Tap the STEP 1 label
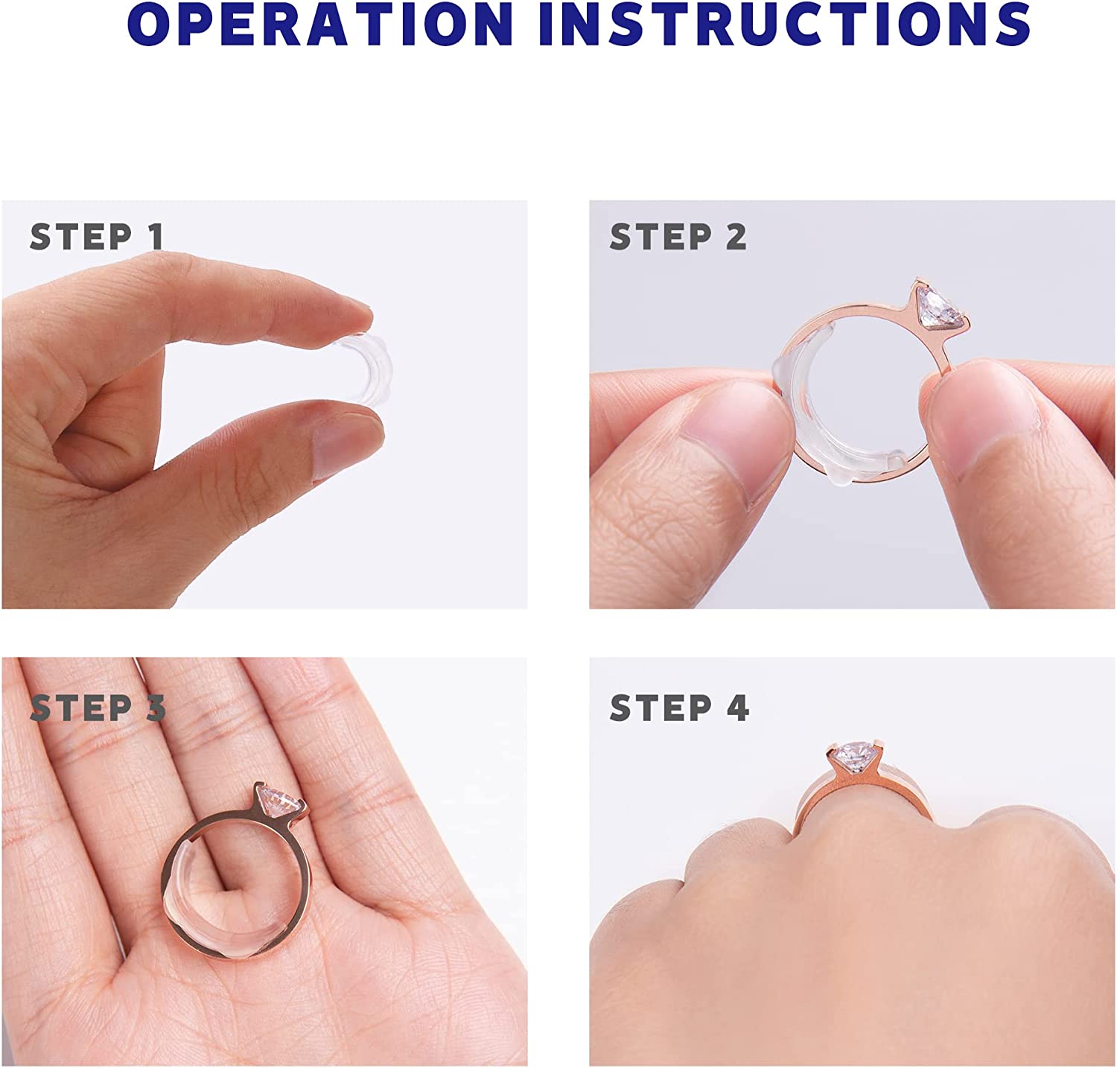click(97, 237)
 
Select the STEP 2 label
click(678, 237)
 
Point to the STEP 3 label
click(98, 708)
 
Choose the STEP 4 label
click(679, 708)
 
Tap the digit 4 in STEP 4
click(737, 708)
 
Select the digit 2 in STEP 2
click(736, 237)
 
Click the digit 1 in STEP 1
click(156, 237)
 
